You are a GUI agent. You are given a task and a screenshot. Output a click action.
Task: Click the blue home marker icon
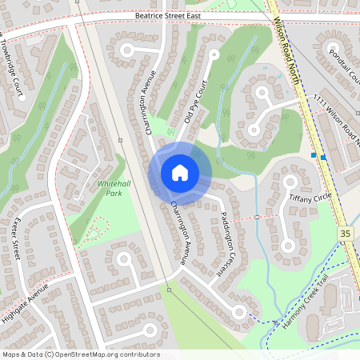coord(180,173)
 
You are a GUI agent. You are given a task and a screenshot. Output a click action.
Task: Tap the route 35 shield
coord(345,233)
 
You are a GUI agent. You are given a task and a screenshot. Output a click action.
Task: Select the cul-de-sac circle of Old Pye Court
coord(214,57)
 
